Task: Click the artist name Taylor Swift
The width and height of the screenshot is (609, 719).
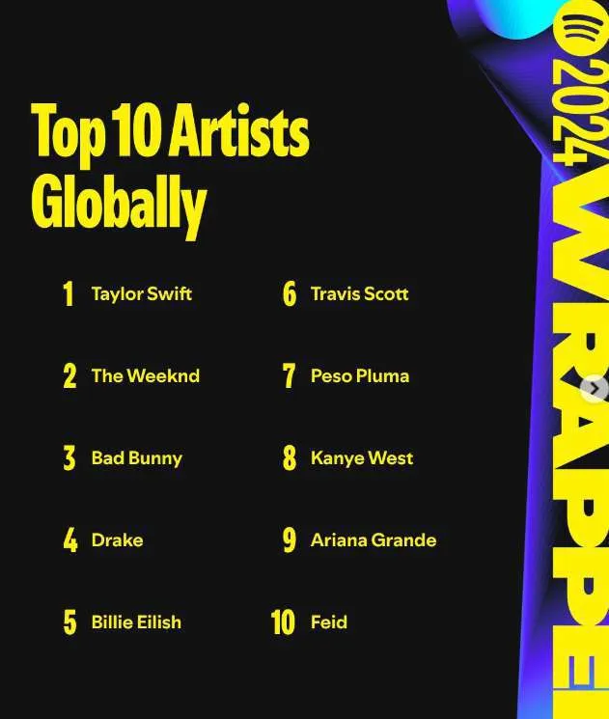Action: click(x=141, y=293)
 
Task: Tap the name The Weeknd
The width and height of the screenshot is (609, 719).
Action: click(x=145, y=375)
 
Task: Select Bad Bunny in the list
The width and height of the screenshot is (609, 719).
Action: click(x=136, y=457)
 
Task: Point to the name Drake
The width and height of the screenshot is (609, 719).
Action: click(x=117, y=539)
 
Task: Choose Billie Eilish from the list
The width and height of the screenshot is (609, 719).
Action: click(x=136, y=622)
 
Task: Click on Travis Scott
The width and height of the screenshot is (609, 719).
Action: click(x=359, y=293)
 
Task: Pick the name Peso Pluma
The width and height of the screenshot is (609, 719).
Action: click(x=359, y=375)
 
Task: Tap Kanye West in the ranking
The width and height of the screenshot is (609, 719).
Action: click(x=361, y=457)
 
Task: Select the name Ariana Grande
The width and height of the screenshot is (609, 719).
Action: click(x=373, y=539)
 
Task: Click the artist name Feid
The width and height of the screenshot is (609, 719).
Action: click(x=328, y=622)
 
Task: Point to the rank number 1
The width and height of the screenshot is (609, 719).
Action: click(x=68, y=294)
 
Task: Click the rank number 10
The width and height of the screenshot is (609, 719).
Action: click(x=283, y=622)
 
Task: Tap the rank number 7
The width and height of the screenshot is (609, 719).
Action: click(x=289, y=376)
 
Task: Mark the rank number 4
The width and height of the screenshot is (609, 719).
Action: click(x=69, y=540)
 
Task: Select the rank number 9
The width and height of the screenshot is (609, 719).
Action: click(x=289, y=540)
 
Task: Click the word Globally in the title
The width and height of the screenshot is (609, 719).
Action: click(x=119, y=203)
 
